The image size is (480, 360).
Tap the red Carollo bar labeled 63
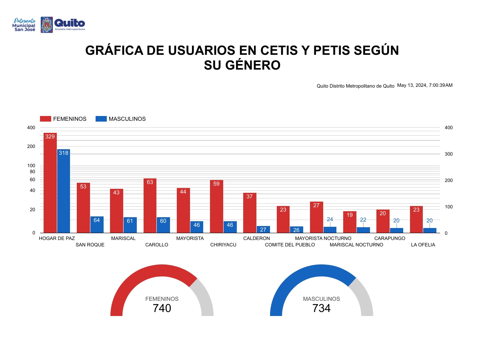[150, 206]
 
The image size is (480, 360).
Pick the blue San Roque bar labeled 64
[97, 224]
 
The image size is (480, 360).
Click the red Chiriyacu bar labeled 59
[216, 206]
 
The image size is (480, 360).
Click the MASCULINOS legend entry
[121, 119]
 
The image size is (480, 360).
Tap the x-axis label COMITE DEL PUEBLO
[290, 245]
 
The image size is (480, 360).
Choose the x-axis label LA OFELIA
[423, 245]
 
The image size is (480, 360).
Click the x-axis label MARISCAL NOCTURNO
[356, 245]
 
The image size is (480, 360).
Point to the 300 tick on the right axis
[449, 154]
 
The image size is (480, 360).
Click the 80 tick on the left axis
[32, 172]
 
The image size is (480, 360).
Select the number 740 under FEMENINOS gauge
[162, 308]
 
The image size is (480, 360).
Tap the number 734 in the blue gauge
[321, 308]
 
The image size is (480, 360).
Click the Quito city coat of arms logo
[47, 25]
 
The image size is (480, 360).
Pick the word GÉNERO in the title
[242, 65]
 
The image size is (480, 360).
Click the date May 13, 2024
[412, 85]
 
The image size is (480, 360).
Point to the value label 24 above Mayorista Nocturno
[330, 220]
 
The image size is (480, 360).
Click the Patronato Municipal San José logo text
[25, 25]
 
